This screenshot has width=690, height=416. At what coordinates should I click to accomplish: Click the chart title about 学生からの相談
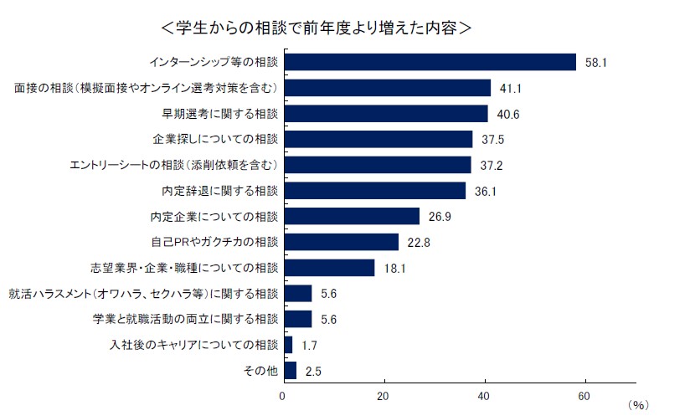click(x=316, y=27)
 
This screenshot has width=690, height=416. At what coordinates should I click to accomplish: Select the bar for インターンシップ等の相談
click(x=430, y=63)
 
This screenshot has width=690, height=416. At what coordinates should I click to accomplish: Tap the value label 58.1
click(x=594, y=63)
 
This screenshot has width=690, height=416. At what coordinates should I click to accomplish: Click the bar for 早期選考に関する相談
click(x=386, y=114)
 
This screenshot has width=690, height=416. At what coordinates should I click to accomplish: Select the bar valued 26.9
click(x=352, y=216)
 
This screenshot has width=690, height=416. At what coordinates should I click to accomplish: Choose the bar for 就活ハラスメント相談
click(x=298, y=294)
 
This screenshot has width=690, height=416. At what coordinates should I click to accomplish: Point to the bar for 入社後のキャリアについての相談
click(x=289, y=345)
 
